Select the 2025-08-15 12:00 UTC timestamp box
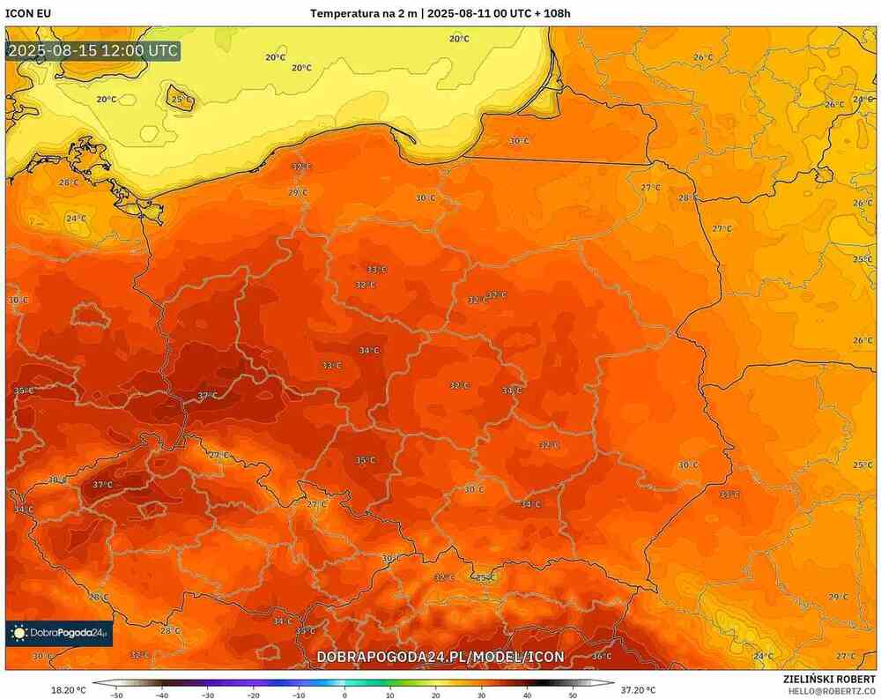click(x=93, y=50)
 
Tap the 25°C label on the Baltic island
click(x=181, y=100)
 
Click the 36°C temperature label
click(x=601, y=656)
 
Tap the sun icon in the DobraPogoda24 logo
click(x=19, y=632)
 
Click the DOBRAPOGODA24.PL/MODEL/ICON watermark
click(x=440, y=657)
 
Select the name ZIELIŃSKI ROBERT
click(x=829, y=679)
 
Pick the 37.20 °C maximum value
click(x=638, y=690)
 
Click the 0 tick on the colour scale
click(x=344, y=695)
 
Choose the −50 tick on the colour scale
click(x=116, y=695)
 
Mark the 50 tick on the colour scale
click(x=573, y=695)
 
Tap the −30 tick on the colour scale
click(x=208, y=695)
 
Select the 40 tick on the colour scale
click(x=527, y=695)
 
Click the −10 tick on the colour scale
click(x=299, y=695)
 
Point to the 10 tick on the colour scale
click(x=390, y=695)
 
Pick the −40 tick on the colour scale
click(x=162, y=695)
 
